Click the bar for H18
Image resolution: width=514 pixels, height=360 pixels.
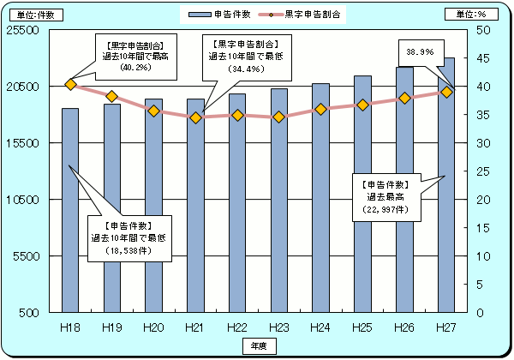pyautogui.click(x=70, y=210)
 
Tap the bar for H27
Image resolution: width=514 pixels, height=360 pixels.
pyautogui.click(x=445, y=184)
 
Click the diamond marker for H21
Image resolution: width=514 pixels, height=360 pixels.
pyautogui.click(x=195, y=117)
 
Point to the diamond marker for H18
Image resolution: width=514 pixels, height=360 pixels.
pyautogui.click(x=70, y=84)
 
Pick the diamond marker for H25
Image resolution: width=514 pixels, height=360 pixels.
pyautogui.click(x=362, y=105)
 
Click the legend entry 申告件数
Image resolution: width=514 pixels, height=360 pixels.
pyautogui.click(x=216, y=15)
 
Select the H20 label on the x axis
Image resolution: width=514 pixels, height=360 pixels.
pyautogui.click(x=153, y=327)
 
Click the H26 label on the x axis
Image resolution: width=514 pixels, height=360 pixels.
pyautogui.click(x=404, y=327)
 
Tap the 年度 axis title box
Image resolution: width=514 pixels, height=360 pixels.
pyautogui.click(x=258, y=344)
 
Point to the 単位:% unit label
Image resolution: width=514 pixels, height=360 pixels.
pyautogui.click(x=467, y=15)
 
